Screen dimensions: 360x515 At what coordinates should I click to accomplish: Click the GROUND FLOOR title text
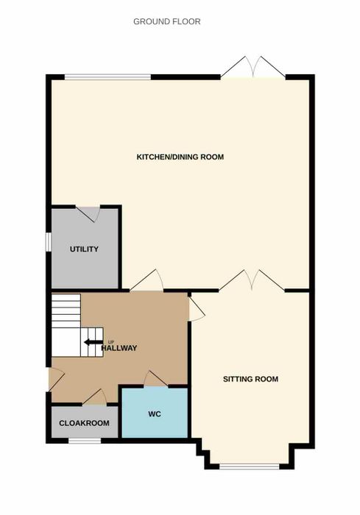pyautogui.click(x=166, y=21)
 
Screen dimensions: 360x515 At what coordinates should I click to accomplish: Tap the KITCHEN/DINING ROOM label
pyautogui.click(x=180, y=157)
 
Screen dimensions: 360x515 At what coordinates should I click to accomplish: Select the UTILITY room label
pyautogui.click(x=84, y=249)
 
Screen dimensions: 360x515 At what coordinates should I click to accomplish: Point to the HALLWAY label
pyautogui.click(x=119, y=348)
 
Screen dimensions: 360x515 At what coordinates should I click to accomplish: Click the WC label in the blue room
pyautogui.click(x=155, y=413)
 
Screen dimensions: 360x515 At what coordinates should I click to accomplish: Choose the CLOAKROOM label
pyautogui.click(x=84, y=423)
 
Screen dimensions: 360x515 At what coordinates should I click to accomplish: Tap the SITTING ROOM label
pyautogui.click(x=250, y=379)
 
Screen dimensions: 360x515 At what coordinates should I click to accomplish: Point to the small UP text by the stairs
pyautogui.click(x=111, y=342)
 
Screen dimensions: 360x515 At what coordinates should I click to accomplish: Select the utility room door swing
pyautogui.click(x=88, y=213)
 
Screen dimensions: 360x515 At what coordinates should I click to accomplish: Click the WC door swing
pyautogui.click(x=155, y=379)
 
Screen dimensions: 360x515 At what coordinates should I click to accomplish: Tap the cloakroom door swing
pyautogui.click(x=95, y=397)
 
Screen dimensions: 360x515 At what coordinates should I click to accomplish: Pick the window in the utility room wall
pyautogui.click(x=49, y=242)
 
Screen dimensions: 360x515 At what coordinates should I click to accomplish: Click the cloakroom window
pyautogui.click(x=85, y=441)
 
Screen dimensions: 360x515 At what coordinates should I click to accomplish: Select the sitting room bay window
pyautogui.click(x=250, y=466)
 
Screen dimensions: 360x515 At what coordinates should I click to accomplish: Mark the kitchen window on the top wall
pyautogui.click(x=107, y=77)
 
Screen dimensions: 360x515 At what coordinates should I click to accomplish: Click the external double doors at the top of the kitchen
pyautogui.click(x=253, y=68)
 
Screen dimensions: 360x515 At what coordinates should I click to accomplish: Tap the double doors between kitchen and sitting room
pyautogui.click(x=252, y=280)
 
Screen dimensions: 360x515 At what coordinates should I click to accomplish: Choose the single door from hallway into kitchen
pyautogui.click(x=147, y=280)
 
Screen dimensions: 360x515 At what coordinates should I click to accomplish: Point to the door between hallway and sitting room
pyautogui.click(x=197, y=309)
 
